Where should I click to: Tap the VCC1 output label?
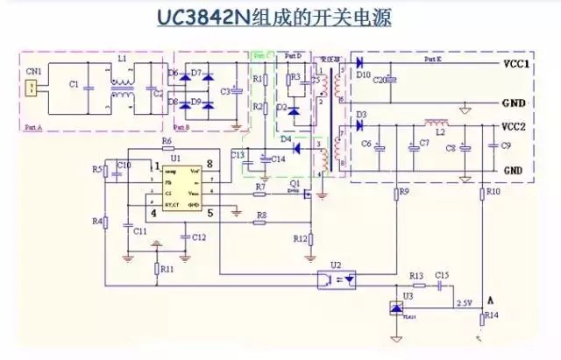[516, 65]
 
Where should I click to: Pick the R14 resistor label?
[492, 314]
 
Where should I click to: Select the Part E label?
[433, 58]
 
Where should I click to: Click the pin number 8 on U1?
[210, 165]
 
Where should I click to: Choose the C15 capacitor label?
[442, 275]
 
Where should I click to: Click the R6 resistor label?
[166, 141]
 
